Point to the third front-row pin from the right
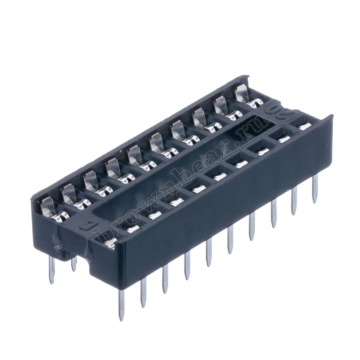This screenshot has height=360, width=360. coord(274,214)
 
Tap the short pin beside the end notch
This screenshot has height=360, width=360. coord(74,264)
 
